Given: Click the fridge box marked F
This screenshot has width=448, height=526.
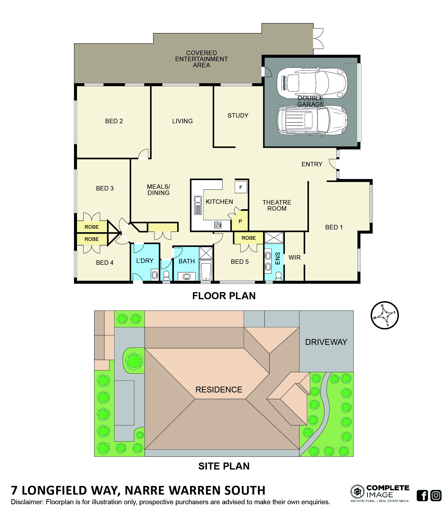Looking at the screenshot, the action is tap(241, 188).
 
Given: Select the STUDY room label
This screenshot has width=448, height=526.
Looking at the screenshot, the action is tap(238, 116).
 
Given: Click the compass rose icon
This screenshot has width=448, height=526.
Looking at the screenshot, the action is tap(384, 315).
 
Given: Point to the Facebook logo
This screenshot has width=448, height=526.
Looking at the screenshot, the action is tap(422, 496).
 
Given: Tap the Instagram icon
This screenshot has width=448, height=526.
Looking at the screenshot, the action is tap(436, 496).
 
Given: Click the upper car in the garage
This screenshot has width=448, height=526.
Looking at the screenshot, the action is tap(312, 83).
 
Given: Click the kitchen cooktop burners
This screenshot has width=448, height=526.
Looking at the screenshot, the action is tap(217, 225).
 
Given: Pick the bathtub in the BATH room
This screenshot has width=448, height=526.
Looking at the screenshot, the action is tap(206, 271).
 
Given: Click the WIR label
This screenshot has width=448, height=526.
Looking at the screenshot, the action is tap(294, 257).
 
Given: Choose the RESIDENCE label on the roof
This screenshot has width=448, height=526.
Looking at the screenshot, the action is tap(219, 389).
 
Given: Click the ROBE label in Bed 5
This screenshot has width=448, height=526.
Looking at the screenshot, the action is tap(249, 238).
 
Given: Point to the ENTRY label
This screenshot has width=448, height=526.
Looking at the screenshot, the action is tap(312, 164).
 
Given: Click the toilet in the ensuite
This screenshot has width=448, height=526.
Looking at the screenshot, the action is tap(278, 276).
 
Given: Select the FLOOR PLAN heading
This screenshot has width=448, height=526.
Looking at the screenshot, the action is tap(224, 296).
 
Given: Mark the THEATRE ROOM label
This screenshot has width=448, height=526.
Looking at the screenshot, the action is tap(277, 205).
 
